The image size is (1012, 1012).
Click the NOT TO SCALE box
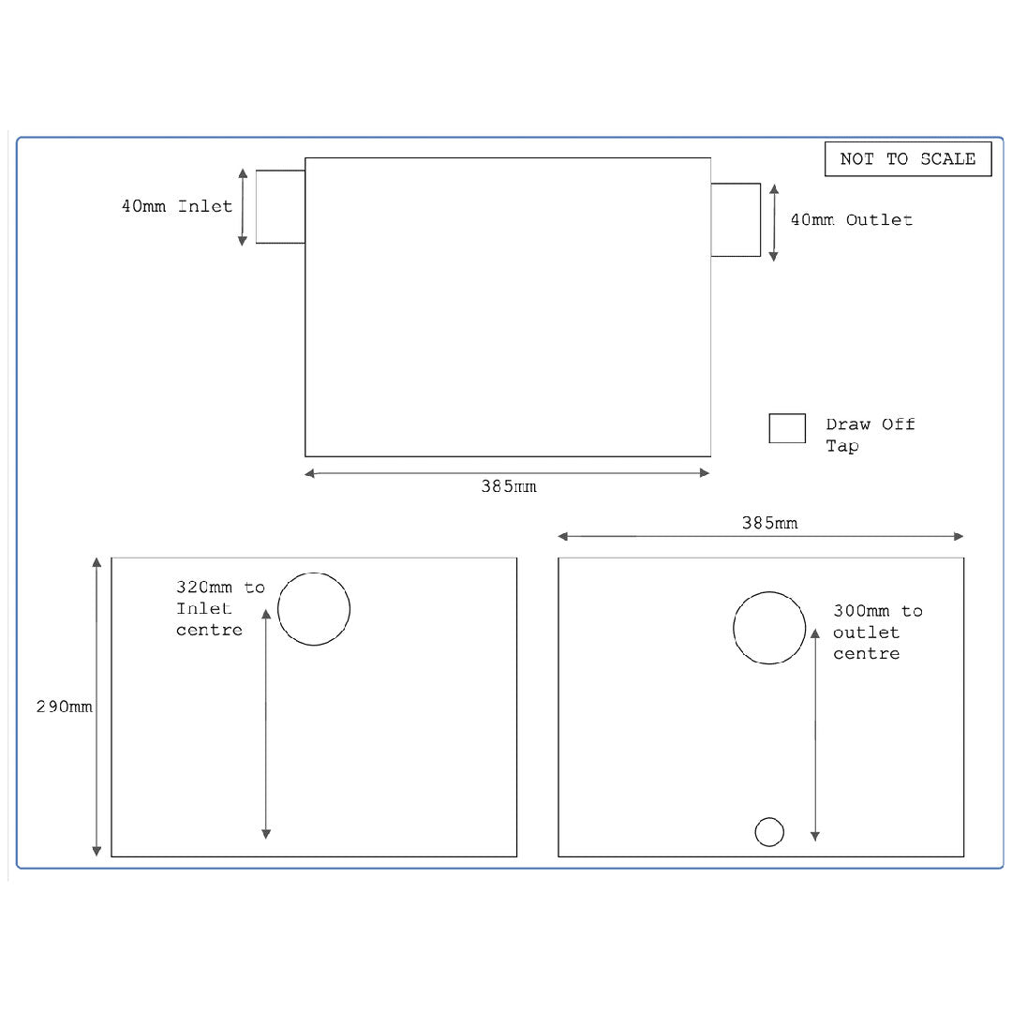click(907, 159)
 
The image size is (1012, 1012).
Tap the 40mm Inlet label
click(177, 206)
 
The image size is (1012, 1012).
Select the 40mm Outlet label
click(851, 220)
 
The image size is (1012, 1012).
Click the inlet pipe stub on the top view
click(280, 207)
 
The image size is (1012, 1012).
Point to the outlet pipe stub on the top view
click(736, 220)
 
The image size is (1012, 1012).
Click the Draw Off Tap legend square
click(787, 428)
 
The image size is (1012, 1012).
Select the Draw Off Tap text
click(870, 435)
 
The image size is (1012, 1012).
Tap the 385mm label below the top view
click(509, 487)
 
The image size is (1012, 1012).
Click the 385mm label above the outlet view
click(769, 523)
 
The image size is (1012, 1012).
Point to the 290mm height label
click(65, 707)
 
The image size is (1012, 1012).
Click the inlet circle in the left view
click(314, 609)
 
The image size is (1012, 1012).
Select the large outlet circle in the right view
click(769, 628)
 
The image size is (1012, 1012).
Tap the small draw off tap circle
click(769, 831)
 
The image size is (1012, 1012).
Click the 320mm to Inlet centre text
click(220, 609)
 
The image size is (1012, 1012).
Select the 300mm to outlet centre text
click(877, 632)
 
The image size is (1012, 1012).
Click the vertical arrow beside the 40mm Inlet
click(243, 207)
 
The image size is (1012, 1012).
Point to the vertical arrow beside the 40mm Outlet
click(774, 222)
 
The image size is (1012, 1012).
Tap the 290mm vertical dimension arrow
click(97, 707)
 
